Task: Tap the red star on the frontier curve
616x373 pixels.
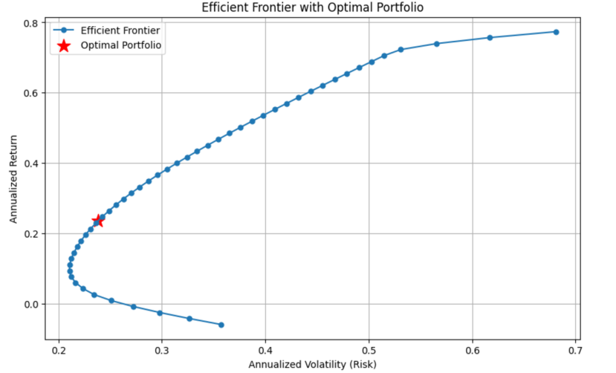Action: coord(97,221)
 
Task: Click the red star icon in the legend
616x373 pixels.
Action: coord(63,46)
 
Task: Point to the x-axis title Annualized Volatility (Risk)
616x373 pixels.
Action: coord(312,364)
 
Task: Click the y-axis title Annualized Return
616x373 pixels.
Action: coord(13,181)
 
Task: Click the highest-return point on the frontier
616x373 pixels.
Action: coord(556,32)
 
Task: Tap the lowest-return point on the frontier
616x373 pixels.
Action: coord(221,325)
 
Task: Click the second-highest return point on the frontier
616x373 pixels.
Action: coord(490,38)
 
